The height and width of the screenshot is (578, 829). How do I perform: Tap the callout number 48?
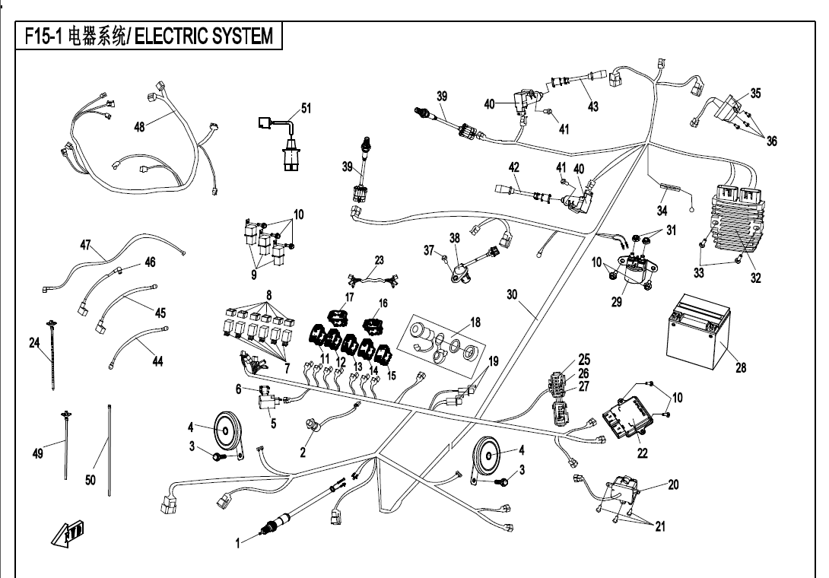click(x=140, y=127)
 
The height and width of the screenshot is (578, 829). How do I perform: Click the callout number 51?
click(x=306, y=109)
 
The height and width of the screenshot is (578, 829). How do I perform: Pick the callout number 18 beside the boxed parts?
click(x=475, y=322)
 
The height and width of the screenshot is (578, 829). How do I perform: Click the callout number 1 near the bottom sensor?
click(x=237, y=543)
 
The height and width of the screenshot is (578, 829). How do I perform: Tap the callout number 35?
click(x=755, y=94)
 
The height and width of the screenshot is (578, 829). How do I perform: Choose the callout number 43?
click(x=593, y=107)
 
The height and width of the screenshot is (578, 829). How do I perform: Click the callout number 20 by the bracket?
click(x=673, y=484)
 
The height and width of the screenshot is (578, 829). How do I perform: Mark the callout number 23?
click(x=380, y=260)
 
